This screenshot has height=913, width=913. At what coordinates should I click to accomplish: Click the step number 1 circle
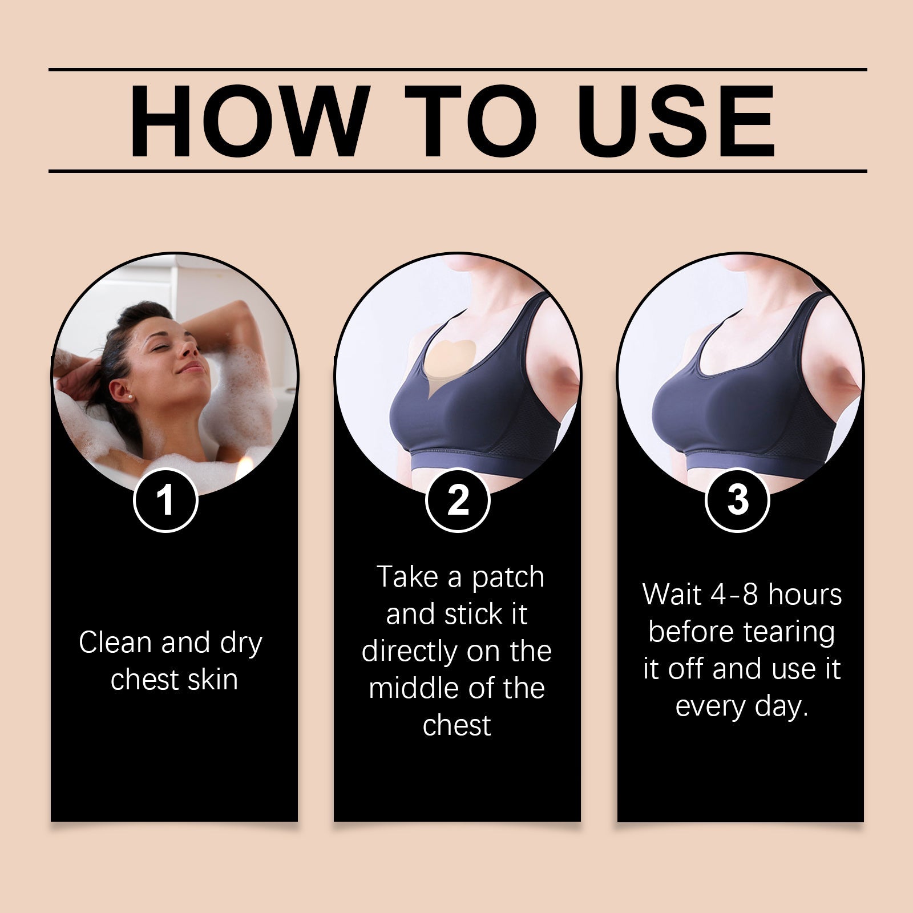165,500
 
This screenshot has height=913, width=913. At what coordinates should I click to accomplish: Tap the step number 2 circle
458,500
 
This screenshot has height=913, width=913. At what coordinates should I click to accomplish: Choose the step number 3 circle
737,500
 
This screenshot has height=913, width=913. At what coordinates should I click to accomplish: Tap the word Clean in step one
115,643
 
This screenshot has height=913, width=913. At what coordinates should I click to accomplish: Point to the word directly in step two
409,651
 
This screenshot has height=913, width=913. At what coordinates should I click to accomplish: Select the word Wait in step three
672,595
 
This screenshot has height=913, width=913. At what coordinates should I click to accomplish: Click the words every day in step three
742,706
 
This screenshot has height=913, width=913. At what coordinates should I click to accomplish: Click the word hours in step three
805,595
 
